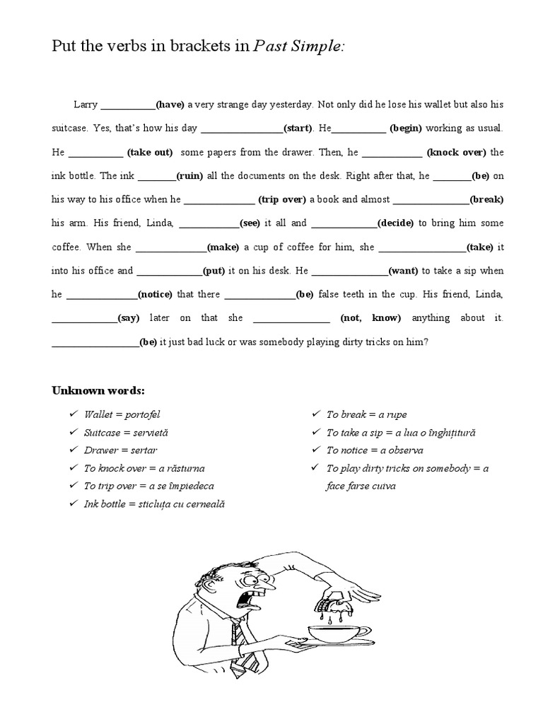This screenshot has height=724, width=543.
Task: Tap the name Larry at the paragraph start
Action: pyautogui.click(x=86, y=104)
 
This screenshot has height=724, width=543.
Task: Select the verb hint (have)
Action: pyautogui.click(x=170, y=104)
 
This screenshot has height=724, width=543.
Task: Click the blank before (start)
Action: pyautogui.click(x=242, y=129)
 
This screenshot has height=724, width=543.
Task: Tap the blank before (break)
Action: pyautogui.click(x=431, y=200)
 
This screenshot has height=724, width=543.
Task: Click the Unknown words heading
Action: pyautogui.click(x=98, y=390)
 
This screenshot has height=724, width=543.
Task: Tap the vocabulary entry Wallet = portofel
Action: pyautogui.click(x=122, y=414)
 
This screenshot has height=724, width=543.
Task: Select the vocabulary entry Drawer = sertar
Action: pyautogui.click(x=120, y=450)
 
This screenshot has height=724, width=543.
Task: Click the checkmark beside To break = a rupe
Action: pyautogui.click(x=315, y=414)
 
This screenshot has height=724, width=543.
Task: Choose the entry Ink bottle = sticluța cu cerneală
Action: pyautogui.click(x=153, y=504)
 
